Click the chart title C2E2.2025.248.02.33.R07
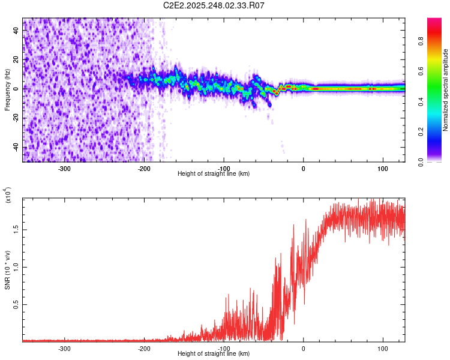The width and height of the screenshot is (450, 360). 214,5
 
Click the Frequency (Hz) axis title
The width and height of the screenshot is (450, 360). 7,90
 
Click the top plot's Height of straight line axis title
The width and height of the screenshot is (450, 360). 214,173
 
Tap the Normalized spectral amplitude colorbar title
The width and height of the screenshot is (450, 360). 446,90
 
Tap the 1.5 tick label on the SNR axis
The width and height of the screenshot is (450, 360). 16,229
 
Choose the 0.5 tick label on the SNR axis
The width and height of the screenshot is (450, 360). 16,304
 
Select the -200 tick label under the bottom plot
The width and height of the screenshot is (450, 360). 144,347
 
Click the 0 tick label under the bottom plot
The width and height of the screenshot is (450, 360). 303,347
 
